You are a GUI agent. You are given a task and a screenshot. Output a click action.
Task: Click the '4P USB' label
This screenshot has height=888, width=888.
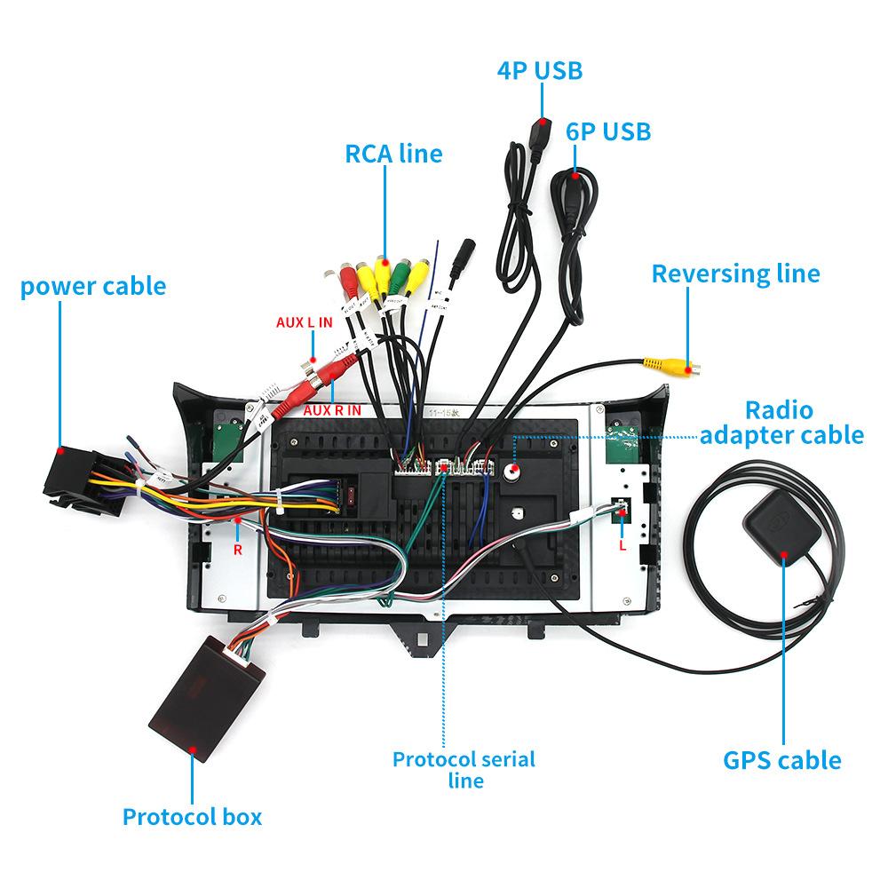[540, 71]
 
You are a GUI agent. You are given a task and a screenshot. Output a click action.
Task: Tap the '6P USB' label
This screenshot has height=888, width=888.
[608, 131]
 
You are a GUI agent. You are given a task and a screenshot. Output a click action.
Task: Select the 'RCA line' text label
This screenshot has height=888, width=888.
[393, 153]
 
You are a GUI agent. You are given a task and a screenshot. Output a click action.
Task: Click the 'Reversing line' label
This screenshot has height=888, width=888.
[735, 273]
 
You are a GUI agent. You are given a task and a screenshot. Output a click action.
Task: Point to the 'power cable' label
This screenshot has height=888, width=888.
[93, 286]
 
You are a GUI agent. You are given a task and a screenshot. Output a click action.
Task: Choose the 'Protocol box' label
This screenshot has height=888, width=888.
[192, 816]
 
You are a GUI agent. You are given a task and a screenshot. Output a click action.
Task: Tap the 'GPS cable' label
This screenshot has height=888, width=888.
[781, 760]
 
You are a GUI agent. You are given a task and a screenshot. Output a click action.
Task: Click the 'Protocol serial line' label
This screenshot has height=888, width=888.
[464, 770]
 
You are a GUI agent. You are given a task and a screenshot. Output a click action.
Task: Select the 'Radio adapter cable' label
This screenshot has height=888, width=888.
[781, 423]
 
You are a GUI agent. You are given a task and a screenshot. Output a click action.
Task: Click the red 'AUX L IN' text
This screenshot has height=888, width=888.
[304, 322]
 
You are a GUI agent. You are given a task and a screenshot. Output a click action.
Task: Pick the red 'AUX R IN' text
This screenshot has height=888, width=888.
[332, 410]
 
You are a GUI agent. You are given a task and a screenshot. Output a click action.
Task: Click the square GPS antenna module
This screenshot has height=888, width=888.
[784, 527]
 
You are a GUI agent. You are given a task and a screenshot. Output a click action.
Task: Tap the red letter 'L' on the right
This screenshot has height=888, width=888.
[622, 545]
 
